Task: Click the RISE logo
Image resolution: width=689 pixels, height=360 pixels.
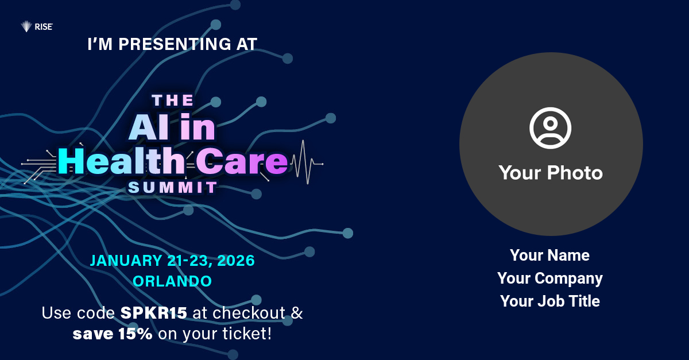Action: tap(37, 27)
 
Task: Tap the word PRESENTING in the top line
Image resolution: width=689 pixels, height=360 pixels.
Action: tap(175, 44)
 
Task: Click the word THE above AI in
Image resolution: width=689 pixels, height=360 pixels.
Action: tap(173, 100)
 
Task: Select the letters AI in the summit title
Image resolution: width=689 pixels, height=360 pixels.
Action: tap(149, 127)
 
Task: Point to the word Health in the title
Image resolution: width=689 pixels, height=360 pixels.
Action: tap(122, 161)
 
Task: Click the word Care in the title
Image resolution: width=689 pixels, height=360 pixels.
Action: tap(242, 161)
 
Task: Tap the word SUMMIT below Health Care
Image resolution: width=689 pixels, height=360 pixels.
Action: tap(173, 187)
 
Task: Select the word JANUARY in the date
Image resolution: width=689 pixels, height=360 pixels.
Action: tap(126, 261)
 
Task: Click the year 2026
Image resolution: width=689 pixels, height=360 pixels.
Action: tap(236, 261)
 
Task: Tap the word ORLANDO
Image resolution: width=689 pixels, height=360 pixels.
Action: tap(172, 281)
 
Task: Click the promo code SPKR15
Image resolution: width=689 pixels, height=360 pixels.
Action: tap(153, 313)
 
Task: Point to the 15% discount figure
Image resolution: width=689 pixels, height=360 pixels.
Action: tap(136, 334)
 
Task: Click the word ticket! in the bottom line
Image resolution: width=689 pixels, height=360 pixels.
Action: tap(247, 334)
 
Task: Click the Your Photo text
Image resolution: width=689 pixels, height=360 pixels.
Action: tap(551, 173)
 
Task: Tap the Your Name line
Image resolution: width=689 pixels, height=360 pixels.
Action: tap(549, 256)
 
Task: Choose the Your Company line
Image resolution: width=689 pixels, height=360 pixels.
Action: tap(550, 278)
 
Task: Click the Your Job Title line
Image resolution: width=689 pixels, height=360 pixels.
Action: tap(550, 301)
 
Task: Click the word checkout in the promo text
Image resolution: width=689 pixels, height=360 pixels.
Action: tap(249, 313)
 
